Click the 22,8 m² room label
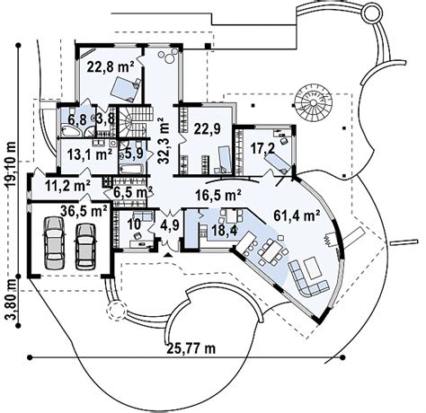click(111, 66)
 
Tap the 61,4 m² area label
click(297, 215)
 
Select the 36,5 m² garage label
click(84, 211)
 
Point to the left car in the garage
click(54, 242)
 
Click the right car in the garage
click(85, 246)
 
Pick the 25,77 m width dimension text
click(191, 348)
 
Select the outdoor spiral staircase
click(313, 102)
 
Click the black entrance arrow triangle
click(168, 255)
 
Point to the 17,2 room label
click(262, 149)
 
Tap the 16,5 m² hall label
click(218, 196)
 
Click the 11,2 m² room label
click(68, 186)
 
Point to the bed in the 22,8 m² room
click(124, 89)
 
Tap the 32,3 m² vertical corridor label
click(164, 140)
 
